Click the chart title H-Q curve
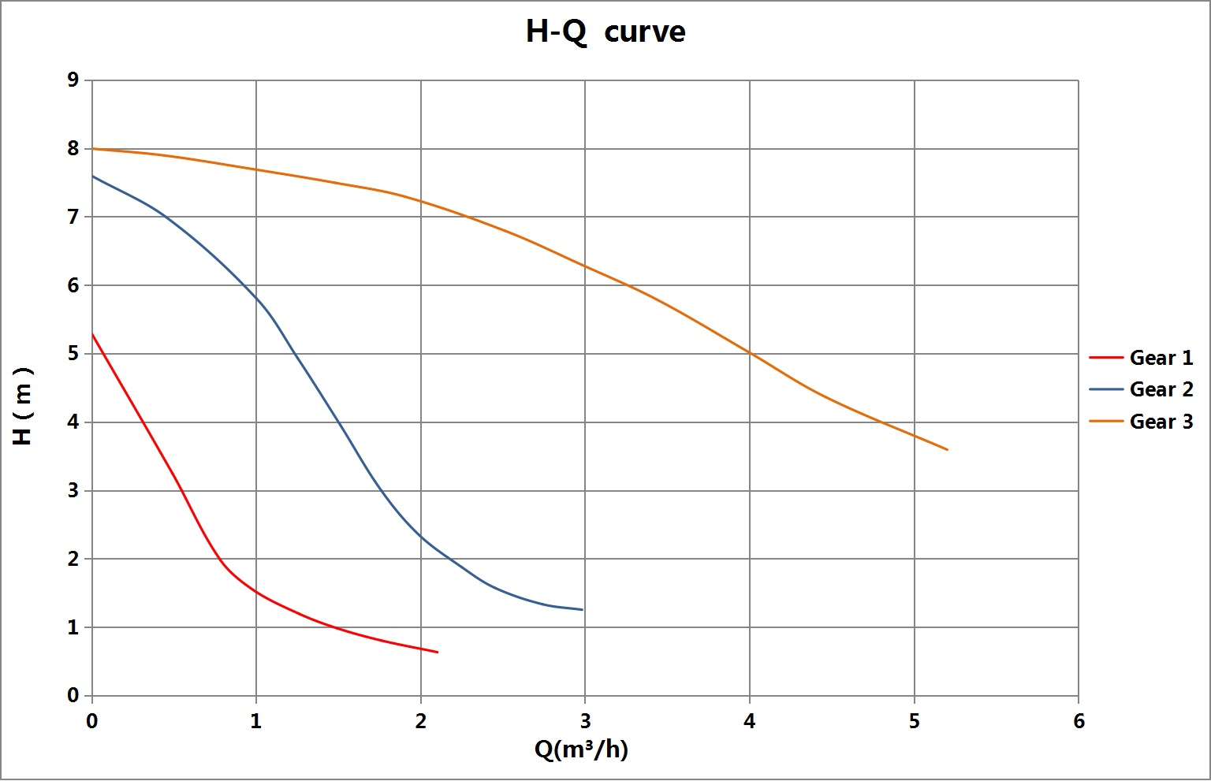coord(605,32)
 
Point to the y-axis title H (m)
coord(23,406)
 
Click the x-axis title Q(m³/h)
coord(581,749)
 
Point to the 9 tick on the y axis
coord(73,80)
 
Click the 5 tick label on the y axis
coord(73,354)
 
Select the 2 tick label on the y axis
coord(73,559)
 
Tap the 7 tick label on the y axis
coord(73,217)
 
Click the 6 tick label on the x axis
coord(1079,721)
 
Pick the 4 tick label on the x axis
coord(750,721)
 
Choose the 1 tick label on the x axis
coord(256,721)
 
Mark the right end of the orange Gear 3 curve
coord(947,449)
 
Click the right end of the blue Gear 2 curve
coord(583,609)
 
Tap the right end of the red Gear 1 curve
coord(438,653)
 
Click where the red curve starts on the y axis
coord(92,334)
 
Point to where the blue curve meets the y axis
coord(92,176)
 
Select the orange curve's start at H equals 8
coord(92,148)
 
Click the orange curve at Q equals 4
coord(750,354)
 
